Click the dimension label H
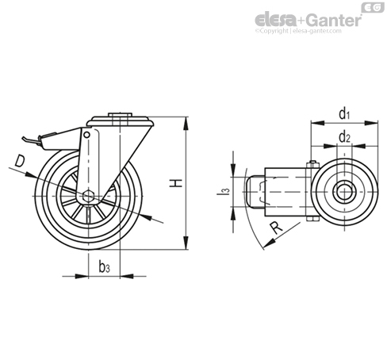point(176,183)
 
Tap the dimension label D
point(20,161)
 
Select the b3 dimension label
point(104,266)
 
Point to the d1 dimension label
point(344,114)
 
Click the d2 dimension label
point(344,137)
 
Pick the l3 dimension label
point(223,191)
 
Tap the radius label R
point(276,228)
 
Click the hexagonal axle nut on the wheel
point(88,196)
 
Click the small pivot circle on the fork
point(86,135)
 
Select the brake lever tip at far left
point(24,139)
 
